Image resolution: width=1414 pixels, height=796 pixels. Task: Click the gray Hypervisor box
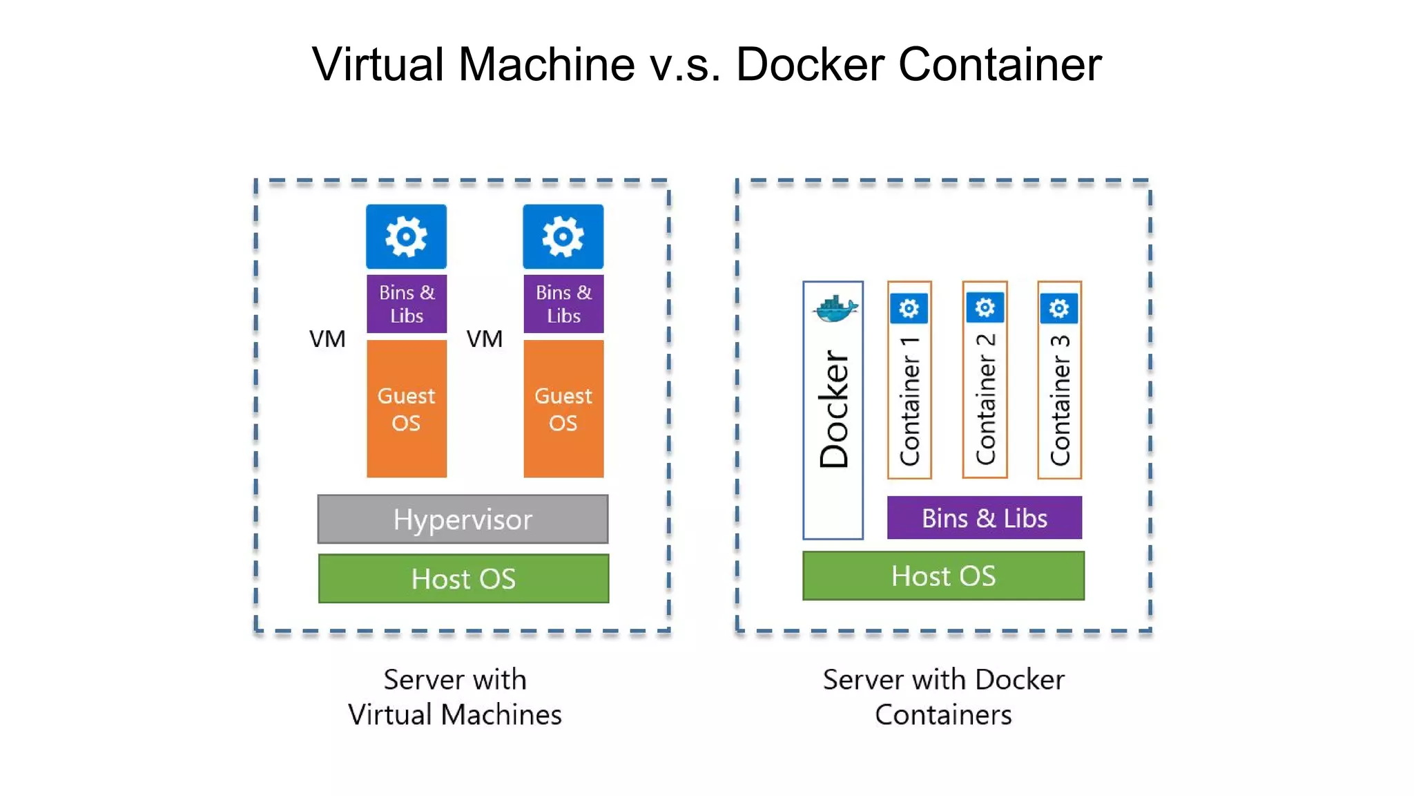coord(463,519)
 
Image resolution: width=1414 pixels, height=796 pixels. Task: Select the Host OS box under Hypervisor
coord(463,578)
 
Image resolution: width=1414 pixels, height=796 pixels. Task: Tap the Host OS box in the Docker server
coord(943,576)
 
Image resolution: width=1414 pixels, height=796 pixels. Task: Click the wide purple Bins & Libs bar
coord(984,518)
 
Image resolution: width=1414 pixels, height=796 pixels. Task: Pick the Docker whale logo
coord(835,308)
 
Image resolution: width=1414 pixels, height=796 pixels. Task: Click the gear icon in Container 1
coord(909,308)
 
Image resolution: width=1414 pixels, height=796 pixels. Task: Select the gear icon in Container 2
coord(985,307)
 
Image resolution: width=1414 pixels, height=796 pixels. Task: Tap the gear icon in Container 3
coord(1058,308)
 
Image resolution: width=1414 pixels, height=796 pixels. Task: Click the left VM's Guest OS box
coord(406,408)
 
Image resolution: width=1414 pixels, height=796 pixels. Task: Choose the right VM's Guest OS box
coord(563,408)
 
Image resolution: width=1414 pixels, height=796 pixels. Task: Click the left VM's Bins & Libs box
coord(406,304)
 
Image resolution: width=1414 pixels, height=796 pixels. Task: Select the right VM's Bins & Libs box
coord(563,304)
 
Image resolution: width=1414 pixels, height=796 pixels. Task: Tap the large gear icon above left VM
coord(406,236)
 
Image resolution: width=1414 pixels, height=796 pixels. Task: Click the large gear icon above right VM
coord(563,236)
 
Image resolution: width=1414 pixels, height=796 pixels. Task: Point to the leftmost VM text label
coord(327,339)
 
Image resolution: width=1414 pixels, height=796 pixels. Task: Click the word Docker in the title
coord(810,64)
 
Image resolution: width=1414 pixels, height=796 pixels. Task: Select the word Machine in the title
coord(546,64)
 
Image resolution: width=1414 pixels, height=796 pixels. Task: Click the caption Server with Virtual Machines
coord(455,696)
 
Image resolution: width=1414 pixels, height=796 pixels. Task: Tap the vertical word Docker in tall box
coord(833,409)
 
